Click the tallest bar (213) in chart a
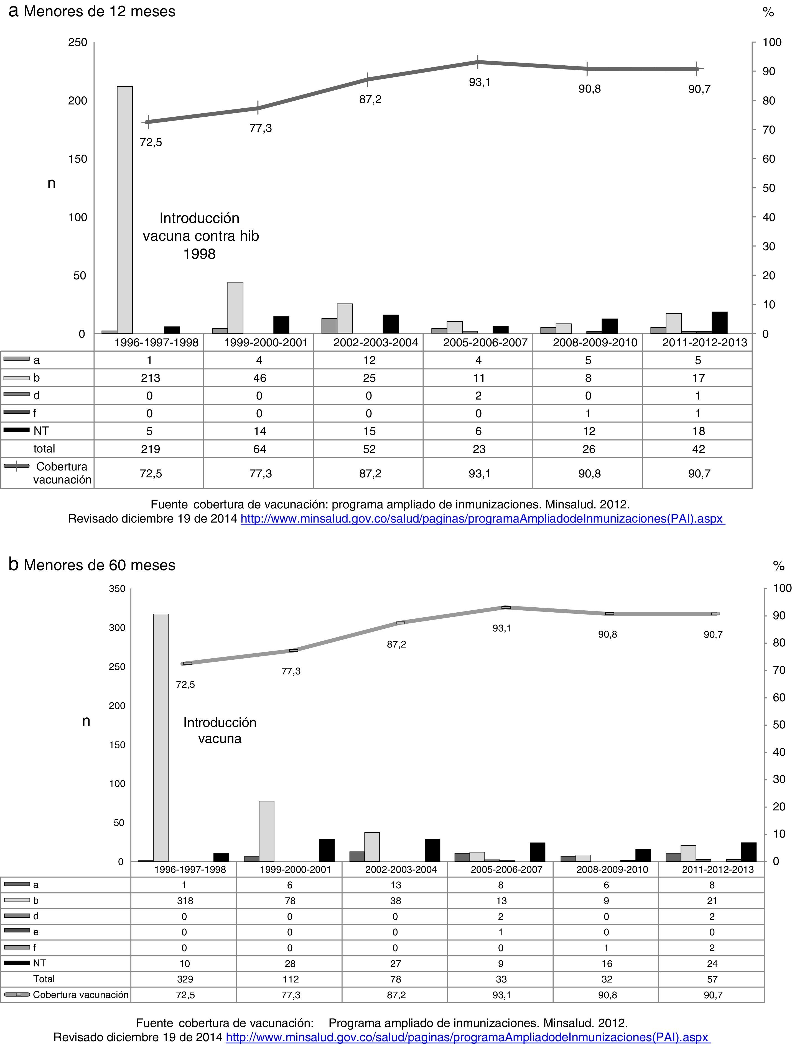tap(125, 210)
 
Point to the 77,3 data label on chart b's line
tap(291, 671)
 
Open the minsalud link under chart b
tap(468, 1037)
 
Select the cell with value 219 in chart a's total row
tap(150, 449)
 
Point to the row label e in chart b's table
tap(36, 932)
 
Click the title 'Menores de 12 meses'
tap(99, 11)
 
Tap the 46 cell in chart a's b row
tap(259, 378)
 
